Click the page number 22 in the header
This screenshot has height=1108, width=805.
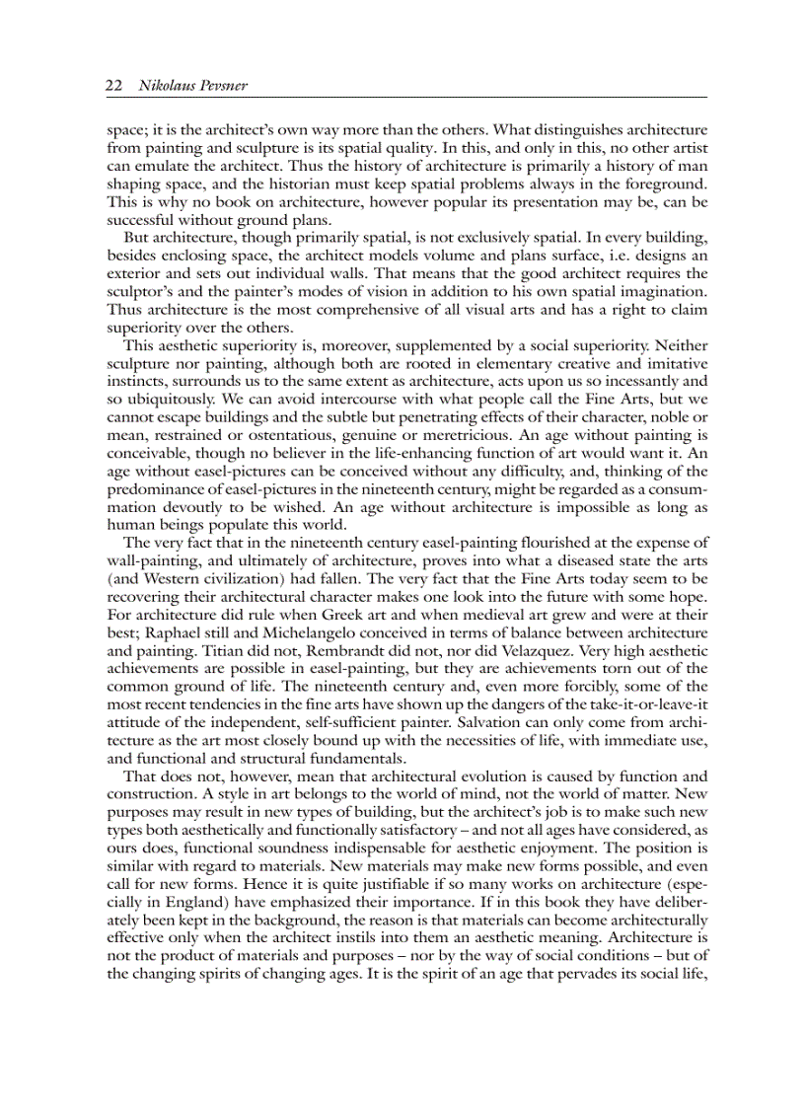(x=112, y=86)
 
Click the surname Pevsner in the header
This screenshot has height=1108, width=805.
(x=221, y=86)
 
